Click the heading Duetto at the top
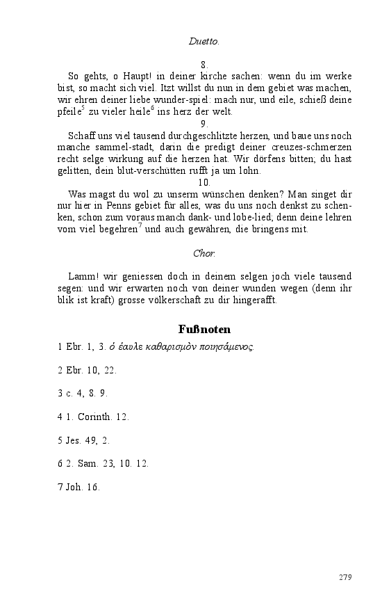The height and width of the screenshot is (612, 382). click(x=204, y=41)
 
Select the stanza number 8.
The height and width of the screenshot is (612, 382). click(x=204, y=64)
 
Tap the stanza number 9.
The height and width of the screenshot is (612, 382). click(x=204, y=123)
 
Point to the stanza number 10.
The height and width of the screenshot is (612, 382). click(x=204, y=182)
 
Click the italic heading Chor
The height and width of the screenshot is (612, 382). click(x=204, y=253)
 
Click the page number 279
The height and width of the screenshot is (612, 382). click(x=345, y=577)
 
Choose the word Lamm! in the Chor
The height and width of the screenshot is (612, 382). click(x=83, y=277)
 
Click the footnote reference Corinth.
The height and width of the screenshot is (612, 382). click(x=98, y=417)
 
